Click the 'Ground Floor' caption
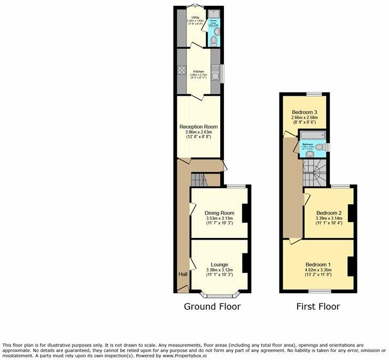212,307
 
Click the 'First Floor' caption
318,307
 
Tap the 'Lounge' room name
220,265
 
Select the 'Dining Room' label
220,213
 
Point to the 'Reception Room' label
198,127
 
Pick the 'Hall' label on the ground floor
183,274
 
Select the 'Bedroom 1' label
318,265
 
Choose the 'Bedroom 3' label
305,112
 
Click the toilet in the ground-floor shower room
214,40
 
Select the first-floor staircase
315,172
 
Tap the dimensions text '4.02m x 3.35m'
318,271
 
